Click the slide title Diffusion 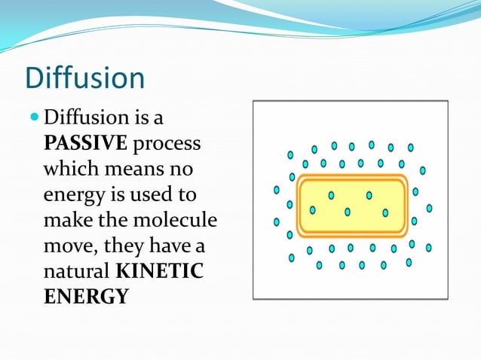(84, 79)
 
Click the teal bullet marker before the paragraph (35, 118)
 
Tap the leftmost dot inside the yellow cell (312, 210)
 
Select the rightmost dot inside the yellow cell (385, 213)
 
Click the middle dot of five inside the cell (348, 212)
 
